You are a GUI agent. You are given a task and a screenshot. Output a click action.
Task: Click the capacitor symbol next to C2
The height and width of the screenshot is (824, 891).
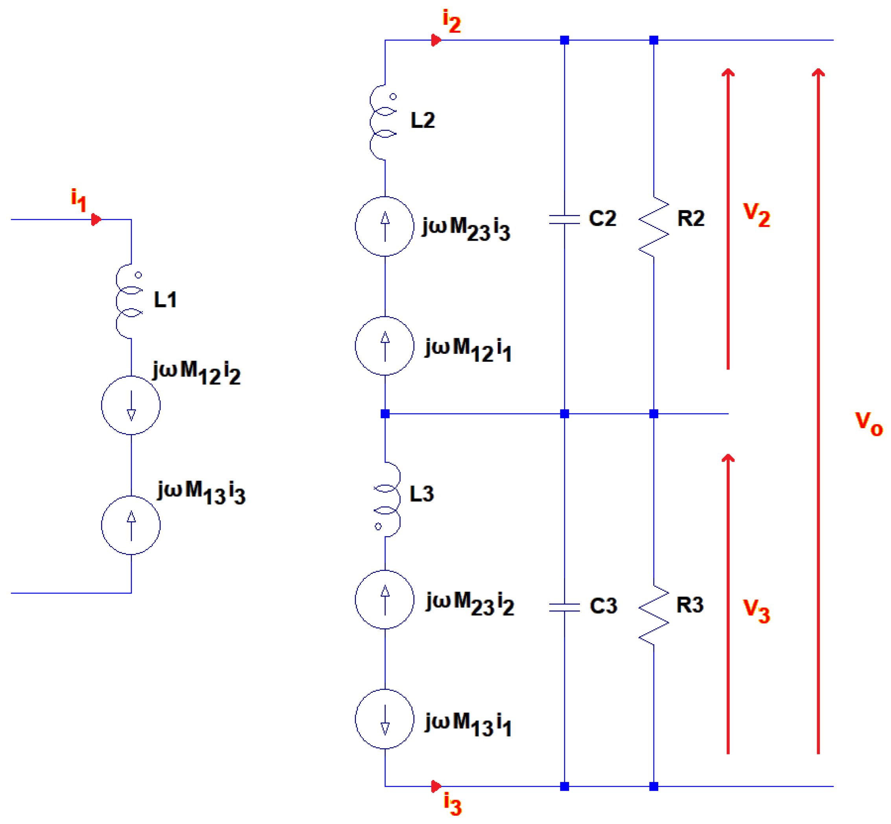click(x=564, y=219)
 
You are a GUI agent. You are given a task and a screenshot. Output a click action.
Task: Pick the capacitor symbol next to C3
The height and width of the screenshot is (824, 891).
click(x=564, y=607)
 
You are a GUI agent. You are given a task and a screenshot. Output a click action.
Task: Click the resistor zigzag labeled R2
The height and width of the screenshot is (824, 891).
click(x=654, y=226)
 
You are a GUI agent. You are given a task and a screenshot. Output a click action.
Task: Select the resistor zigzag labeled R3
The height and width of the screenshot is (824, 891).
click(x=654, y=614)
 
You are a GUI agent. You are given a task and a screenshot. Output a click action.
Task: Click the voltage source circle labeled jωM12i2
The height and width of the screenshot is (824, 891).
click(x=131, y=405)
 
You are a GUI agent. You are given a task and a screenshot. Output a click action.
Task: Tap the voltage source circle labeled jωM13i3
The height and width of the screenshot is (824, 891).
click(x=131, y=525)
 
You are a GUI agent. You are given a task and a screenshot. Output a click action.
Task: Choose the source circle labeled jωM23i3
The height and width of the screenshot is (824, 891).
click(x=385, y=226)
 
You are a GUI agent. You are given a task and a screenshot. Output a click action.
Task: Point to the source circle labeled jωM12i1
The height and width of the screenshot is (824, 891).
click(x=385, y=346)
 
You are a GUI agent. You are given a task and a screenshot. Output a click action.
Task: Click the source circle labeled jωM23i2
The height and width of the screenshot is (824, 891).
click(x=385, y=599)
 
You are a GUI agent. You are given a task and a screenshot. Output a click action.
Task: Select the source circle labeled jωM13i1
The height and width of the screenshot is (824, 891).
click(x=385, y=719)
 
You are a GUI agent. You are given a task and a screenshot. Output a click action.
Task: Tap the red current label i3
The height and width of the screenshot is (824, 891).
click(x=452, y=803)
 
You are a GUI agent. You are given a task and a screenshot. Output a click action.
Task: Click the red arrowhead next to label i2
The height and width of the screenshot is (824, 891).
click(x=436, y=40)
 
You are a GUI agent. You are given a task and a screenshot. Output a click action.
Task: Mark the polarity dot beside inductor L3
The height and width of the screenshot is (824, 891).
click(x=378, y=526)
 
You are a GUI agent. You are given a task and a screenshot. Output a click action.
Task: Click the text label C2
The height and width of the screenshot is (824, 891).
click(x=602, y=218)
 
